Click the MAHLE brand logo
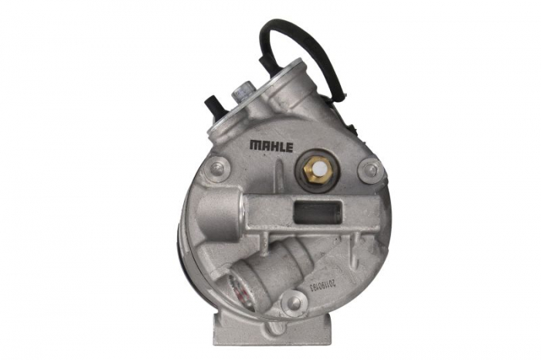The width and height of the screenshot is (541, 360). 271,146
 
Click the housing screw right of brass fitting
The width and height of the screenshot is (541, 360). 371,168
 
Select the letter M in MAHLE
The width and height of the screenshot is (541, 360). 254,146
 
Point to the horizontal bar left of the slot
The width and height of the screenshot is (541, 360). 267,209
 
